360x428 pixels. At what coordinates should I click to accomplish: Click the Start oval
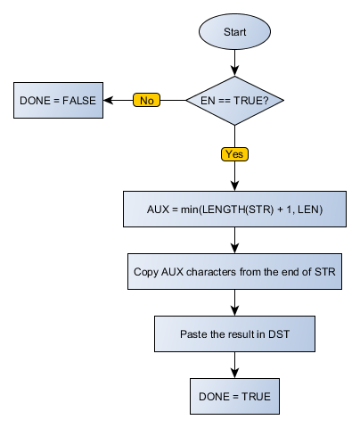pos(234,31)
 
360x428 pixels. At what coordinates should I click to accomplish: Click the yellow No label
pos(147,100)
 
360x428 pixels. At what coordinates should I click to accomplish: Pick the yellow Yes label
pos(234,153)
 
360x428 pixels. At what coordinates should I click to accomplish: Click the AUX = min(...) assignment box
pos(234,210)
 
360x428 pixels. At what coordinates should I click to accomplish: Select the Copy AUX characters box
pos(234,272)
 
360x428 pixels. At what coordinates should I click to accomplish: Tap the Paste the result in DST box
pos(234,334)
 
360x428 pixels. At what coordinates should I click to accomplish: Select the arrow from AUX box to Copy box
pos(234,241)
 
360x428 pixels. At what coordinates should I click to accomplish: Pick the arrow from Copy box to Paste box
pos(234,303)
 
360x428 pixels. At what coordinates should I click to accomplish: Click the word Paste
pos(195,334)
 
